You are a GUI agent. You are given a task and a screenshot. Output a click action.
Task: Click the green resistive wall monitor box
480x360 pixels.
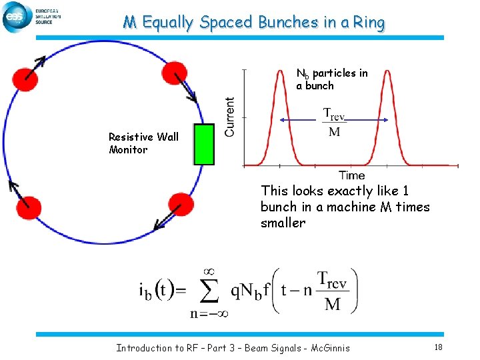click(203, 144)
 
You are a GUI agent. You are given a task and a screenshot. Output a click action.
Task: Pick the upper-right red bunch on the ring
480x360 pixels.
click(175, 73)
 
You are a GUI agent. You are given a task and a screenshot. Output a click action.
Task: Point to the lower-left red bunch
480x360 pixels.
click(28, 211)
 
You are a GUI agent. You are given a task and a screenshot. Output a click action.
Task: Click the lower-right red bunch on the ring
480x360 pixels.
click(181, 205)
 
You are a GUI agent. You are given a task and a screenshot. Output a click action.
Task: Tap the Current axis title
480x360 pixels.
click(230, 117)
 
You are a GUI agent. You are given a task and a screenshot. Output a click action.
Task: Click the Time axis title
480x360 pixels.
click(351, 175)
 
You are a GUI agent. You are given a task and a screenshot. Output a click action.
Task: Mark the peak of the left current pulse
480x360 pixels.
click(280, 71)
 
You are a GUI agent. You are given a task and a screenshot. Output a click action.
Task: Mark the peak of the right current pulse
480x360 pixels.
click(388, 71)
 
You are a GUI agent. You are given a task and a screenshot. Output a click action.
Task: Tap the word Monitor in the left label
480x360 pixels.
click(128, 150)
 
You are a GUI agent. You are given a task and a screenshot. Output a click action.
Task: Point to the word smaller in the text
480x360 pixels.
click(283, 223)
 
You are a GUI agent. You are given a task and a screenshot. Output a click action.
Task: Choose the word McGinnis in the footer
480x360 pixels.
click(330, 348)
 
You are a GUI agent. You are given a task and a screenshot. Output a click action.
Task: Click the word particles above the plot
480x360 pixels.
click(339, 73)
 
